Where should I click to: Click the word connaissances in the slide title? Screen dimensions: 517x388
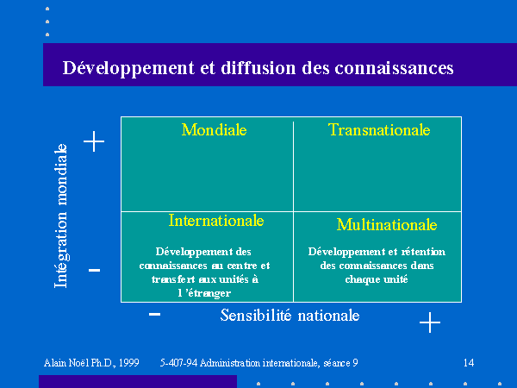tap(394, 68)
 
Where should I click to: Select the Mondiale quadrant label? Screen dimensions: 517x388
tap(214, 129)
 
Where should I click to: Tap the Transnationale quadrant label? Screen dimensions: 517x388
tap(379, 129)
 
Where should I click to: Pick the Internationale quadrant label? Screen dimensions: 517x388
tap(216, 221)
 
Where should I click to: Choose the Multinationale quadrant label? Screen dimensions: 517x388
tap(387, 225)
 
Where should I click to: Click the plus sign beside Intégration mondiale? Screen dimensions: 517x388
tap(94, 141)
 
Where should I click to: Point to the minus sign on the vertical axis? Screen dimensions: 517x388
tap(94, 270)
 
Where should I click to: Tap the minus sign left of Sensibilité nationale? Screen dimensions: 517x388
tap(154, 314)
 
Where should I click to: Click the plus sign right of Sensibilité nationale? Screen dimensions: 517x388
tap(430, 322)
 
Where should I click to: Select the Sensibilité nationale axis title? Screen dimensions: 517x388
tap(290, 316)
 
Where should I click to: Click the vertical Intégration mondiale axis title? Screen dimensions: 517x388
tap(61, 216)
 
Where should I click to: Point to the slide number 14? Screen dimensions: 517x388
tap(469, 363)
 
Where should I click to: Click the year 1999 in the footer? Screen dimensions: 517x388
tap(129, 363)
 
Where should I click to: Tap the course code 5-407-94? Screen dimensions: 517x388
tap(178, 363)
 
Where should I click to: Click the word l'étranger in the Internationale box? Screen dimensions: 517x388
tap(204, 293)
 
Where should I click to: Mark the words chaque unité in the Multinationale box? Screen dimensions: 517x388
tap(377, 279)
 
